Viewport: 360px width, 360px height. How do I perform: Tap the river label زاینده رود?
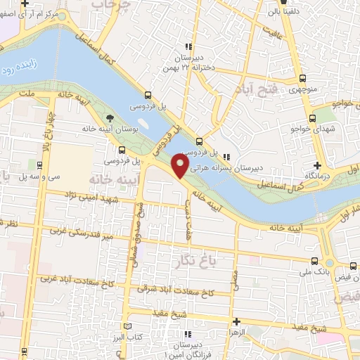(x=22, y=71)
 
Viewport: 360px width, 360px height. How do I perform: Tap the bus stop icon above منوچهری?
(x=303, y=78)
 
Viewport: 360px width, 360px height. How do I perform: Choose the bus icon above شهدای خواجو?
(x=312, y=118)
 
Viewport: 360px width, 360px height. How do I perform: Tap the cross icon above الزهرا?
(x=236, y=320)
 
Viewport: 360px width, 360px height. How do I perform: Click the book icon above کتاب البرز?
(x=127, y=326)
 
